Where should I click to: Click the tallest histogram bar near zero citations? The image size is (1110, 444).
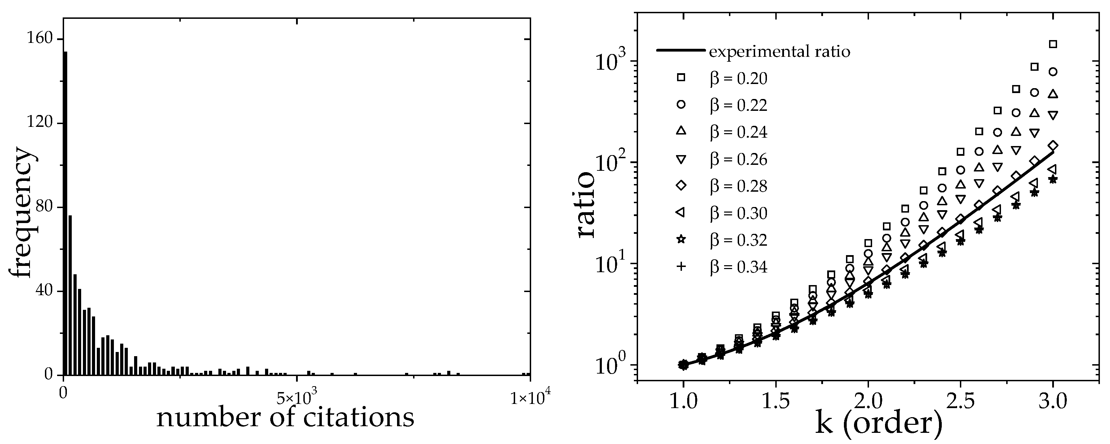coord(65,213)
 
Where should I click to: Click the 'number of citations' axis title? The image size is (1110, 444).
coord(285,418)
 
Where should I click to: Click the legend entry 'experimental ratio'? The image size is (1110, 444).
coord(779,52)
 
